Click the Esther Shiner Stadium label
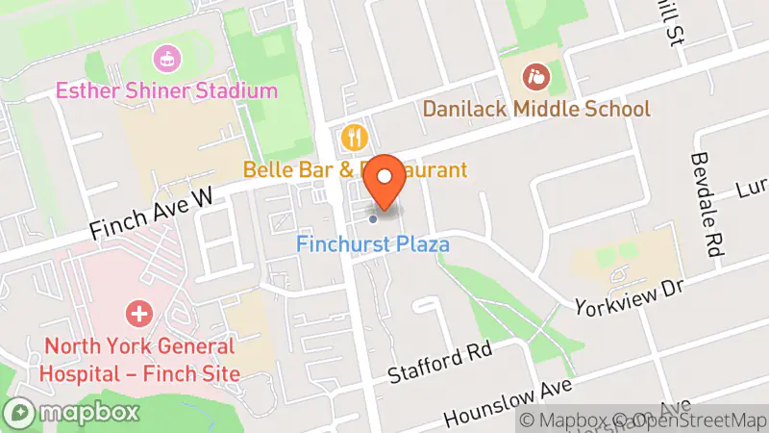(x=166, y=91)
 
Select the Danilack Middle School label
(x=537, y=109)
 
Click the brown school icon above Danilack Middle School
(x=533, y=74)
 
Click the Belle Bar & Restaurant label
(x=355, y=170)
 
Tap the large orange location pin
(x=385, y=180)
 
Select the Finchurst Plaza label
(x=373, y=244)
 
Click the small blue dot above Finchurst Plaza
(x=373, y=218)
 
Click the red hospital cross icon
(x=139, y=314)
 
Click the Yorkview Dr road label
(x=628, y=298)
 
